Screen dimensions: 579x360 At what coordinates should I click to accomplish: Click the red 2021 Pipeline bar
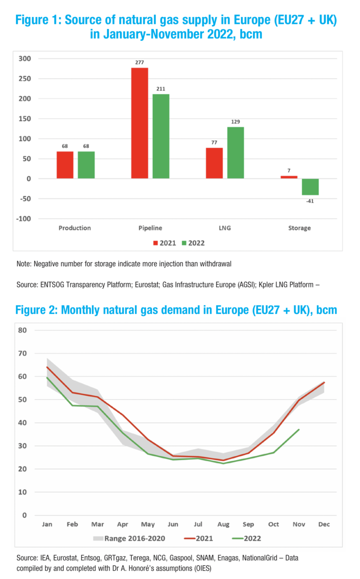click(x=140, y=123)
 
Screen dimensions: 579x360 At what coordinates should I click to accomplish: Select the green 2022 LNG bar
click(x=235, y=152)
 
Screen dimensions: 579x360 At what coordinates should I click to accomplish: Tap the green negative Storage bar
click(x=310, y=187)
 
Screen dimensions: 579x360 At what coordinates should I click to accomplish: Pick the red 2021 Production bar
click(x=65, y=165)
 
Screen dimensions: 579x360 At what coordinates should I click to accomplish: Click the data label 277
click(x=140, y=62)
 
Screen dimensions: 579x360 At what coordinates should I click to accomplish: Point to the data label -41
click(x=310, y=201)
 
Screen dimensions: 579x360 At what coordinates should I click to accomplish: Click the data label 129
click(x=235, y=121)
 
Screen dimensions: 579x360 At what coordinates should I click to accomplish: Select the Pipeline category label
click(x=150, y=228)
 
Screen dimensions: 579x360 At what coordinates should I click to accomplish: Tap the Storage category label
click(x=299, y=228)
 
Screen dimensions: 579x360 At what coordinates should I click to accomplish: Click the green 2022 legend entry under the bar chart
click(x=193, y=243)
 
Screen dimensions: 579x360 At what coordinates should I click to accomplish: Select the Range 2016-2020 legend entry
click(x=134, y=538)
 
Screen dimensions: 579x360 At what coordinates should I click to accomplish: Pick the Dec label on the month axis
click(x=324, y=525)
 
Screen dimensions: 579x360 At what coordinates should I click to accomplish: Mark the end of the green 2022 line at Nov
click(x=299, y=429)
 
